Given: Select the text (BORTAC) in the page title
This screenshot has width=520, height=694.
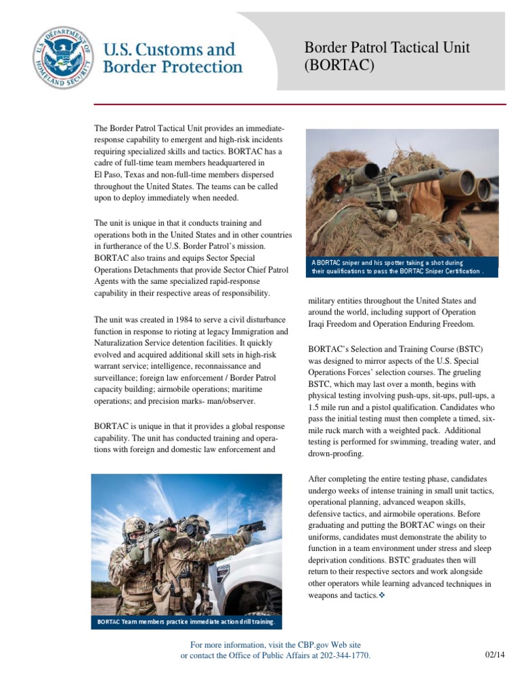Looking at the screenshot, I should point(339,66).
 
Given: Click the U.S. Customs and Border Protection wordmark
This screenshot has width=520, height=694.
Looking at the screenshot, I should point(172,58).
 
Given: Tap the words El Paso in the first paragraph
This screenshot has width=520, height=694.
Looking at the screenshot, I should point(109,174).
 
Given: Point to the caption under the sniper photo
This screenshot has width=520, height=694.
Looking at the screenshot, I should point(402,266).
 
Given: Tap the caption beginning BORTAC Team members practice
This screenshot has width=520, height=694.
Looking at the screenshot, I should point(186,621).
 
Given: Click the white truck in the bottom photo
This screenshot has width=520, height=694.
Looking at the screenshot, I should point(244,576).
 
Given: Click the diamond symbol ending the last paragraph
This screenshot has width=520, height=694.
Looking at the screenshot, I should point(381,595).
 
